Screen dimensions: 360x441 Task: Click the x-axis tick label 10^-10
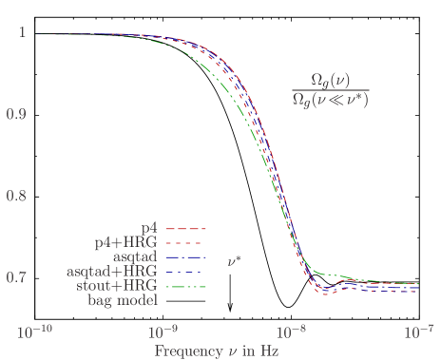(x=36, y=332)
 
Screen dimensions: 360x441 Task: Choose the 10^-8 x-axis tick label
(x=291, y=332)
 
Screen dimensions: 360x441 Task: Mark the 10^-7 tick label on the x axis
(x=418, y=332)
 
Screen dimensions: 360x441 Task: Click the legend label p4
(x=150, y=229)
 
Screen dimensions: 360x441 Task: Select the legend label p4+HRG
(x=125, y=243)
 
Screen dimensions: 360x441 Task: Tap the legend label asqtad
(x=136, y=257)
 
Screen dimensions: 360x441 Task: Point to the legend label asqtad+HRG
(x=112, y=272)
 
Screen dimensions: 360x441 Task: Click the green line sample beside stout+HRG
(x=187, y=286)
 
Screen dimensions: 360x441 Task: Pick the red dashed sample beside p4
(x=187, y=229)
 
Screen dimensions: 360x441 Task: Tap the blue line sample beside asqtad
(x=187, y=257)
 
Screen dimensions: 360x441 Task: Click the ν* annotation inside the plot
(x=235, y=258)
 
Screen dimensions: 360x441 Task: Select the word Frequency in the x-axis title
(x=187, y=351)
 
